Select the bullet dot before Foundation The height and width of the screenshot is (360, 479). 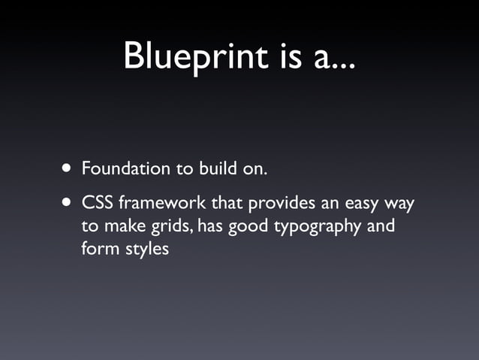68,168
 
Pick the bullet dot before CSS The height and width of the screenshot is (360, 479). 68,204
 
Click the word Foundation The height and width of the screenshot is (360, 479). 126,168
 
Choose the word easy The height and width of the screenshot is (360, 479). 364,205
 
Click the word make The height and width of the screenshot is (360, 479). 122,225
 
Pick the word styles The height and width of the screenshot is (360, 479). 146,248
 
